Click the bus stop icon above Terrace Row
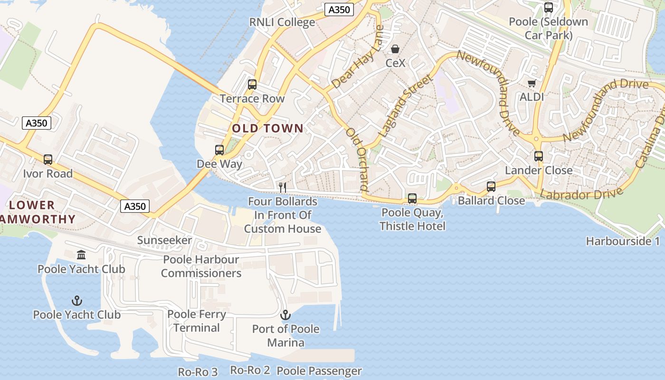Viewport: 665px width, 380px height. (x=252, y=85)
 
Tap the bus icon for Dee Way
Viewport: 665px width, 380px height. (x=219, y=150)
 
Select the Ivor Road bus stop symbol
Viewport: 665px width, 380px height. (x=48, y=160)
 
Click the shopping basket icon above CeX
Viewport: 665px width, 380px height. (x=395, y=49)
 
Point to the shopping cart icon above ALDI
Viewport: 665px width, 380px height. (x=532, y=84)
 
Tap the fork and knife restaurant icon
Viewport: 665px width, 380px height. (x=283, y=188)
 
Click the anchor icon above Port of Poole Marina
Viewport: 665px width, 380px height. (x=285, y=315)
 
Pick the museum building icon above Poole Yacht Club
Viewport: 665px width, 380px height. (x=81, y=255)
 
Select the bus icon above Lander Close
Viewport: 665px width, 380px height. (x=538, y=156)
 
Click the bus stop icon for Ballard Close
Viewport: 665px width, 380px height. (x=491, y=187)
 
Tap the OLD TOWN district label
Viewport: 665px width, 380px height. (x=267, y=128)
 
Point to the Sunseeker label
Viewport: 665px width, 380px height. (x=164, y=240)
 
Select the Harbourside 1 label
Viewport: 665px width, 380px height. (x=623, y=241)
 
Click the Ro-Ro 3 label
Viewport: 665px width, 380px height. (x=198, y=372)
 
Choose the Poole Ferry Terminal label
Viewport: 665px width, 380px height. (x=197, y=321)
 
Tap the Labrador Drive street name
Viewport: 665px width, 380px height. (x=581, y=194)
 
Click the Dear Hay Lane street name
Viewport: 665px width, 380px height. (x=358, y=65)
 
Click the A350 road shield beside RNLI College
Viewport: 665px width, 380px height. (x=340, y=10)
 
